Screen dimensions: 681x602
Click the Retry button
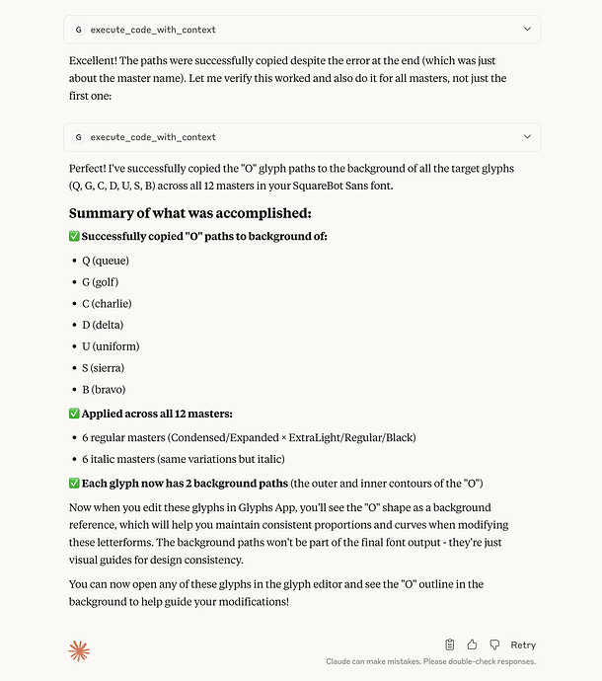point(523,644)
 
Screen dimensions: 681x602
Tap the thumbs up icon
point(473,644)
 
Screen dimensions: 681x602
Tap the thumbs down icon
point(495,644)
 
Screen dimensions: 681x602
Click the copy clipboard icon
point(450,644)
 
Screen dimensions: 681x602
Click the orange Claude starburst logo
point(79,650)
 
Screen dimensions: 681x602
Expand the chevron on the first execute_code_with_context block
point(527,30)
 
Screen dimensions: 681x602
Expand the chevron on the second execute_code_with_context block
point(527,137)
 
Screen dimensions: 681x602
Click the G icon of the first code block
point(79,30)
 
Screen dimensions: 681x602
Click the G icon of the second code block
point(79,137)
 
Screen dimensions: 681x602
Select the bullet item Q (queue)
point(106,261)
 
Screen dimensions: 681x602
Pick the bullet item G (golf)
point(103,282)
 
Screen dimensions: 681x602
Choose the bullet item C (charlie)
point(107,304)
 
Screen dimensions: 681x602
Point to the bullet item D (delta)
point(103,325)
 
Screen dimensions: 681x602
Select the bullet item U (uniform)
point(111,346)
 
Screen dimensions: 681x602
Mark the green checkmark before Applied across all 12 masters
point(74,415)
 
